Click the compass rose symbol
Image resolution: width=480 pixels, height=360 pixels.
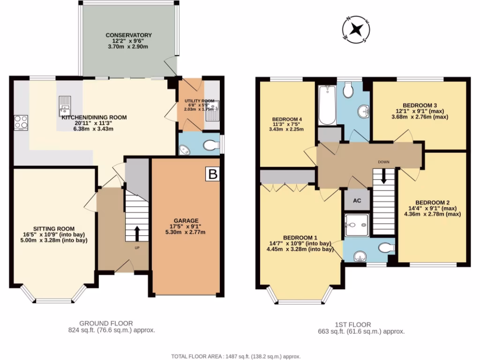(357, 30)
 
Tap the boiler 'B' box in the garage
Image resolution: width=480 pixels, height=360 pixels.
(212, 174)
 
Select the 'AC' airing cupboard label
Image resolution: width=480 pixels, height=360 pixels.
(357, 201)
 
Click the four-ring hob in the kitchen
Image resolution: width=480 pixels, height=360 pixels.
(21, 122)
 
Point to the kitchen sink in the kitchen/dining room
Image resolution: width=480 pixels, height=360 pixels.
(64, 105)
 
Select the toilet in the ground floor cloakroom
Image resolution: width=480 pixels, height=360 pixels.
(211, 147)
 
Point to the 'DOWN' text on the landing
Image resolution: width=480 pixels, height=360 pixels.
(384, 162)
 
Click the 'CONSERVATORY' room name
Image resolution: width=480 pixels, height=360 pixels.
(128, 35)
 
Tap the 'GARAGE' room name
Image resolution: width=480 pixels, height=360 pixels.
(187, 220)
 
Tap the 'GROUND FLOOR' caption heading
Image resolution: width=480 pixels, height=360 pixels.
(105, 323)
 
